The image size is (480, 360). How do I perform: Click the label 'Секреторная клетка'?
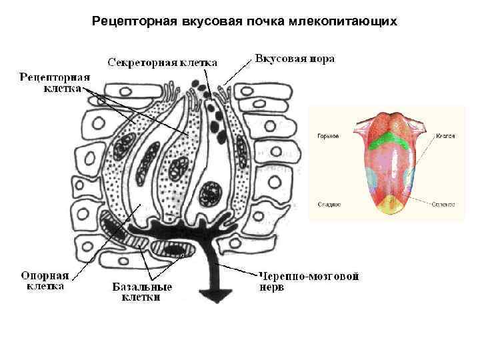pos(163,62)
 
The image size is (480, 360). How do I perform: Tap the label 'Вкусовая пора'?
pos(295,59)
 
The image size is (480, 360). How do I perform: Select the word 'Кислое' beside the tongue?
pos(446,136)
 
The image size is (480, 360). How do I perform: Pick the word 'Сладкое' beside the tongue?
pos(329,204)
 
